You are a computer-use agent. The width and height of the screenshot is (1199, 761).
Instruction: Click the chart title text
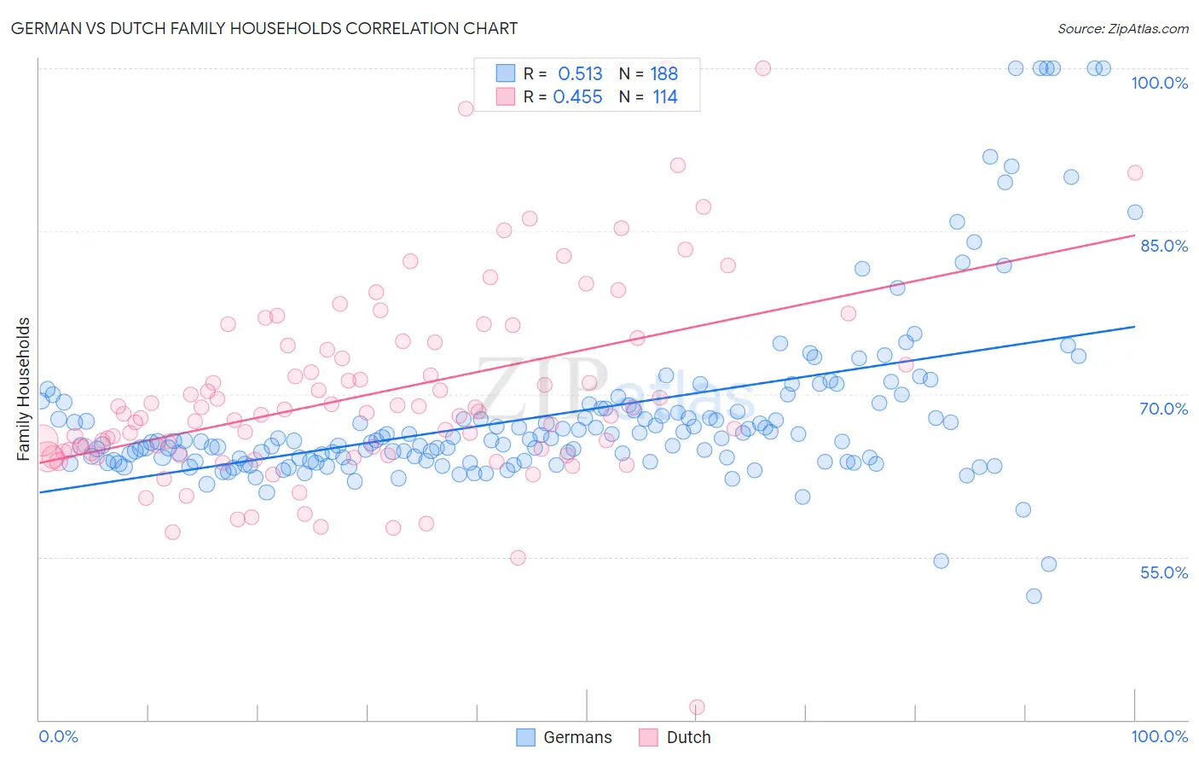point(264,28)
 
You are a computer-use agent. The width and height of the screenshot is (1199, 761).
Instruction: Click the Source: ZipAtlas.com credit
point(1122,28)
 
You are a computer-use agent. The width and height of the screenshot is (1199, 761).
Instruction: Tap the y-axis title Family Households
point(24,389)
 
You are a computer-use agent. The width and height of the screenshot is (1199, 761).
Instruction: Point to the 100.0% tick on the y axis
point(1159,83)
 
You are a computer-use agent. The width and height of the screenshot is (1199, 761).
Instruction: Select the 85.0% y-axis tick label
point(1164,246)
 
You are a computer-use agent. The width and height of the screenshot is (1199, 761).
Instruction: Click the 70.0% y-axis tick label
point(1164,409)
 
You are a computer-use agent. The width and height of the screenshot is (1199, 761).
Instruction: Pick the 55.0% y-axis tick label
point(1164,572)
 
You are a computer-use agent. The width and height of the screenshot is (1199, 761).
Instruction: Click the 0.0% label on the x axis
point(58,736)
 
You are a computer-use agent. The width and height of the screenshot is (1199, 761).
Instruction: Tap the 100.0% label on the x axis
point(1159,736)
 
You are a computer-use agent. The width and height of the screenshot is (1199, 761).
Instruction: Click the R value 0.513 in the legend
point(580,73)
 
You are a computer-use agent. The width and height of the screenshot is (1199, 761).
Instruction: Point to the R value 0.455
point(577,96)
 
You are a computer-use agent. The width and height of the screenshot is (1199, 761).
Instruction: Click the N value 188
point(663,73)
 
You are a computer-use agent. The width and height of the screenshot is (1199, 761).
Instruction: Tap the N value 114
point(664,96)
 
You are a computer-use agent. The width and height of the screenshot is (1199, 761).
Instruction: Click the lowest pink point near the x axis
point(697,707)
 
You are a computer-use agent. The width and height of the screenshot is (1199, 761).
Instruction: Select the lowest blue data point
point(1034,596)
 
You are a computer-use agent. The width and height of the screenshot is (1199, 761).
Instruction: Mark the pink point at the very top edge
point(763,68)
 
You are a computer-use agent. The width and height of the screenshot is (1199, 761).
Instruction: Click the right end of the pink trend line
point(1134,235)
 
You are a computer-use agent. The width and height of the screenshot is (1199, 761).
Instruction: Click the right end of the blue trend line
point(1134,327)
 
